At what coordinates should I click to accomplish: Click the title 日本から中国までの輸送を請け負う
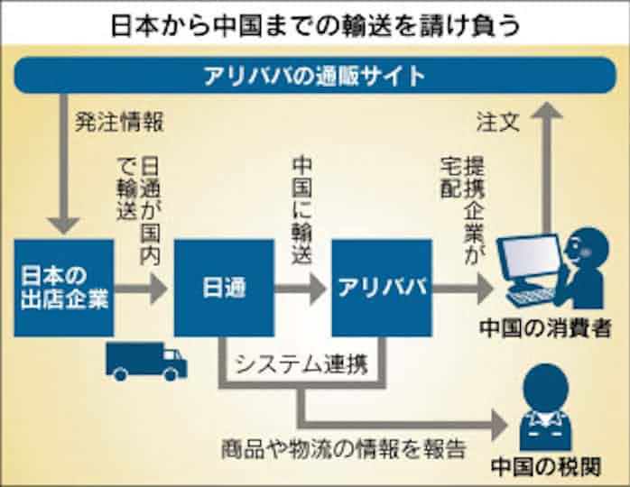(314, 23)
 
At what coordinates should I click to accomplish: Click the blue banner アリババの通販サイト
(314, 75)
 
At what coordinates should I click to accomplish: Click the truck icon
(145, 360)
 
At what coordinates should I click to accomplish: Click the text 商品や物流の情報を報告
(343, 447)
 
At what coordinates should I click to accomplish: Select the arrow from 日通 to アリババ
(301, 288)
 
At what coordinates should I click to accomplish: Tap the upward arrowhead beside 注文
(545, 111)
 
